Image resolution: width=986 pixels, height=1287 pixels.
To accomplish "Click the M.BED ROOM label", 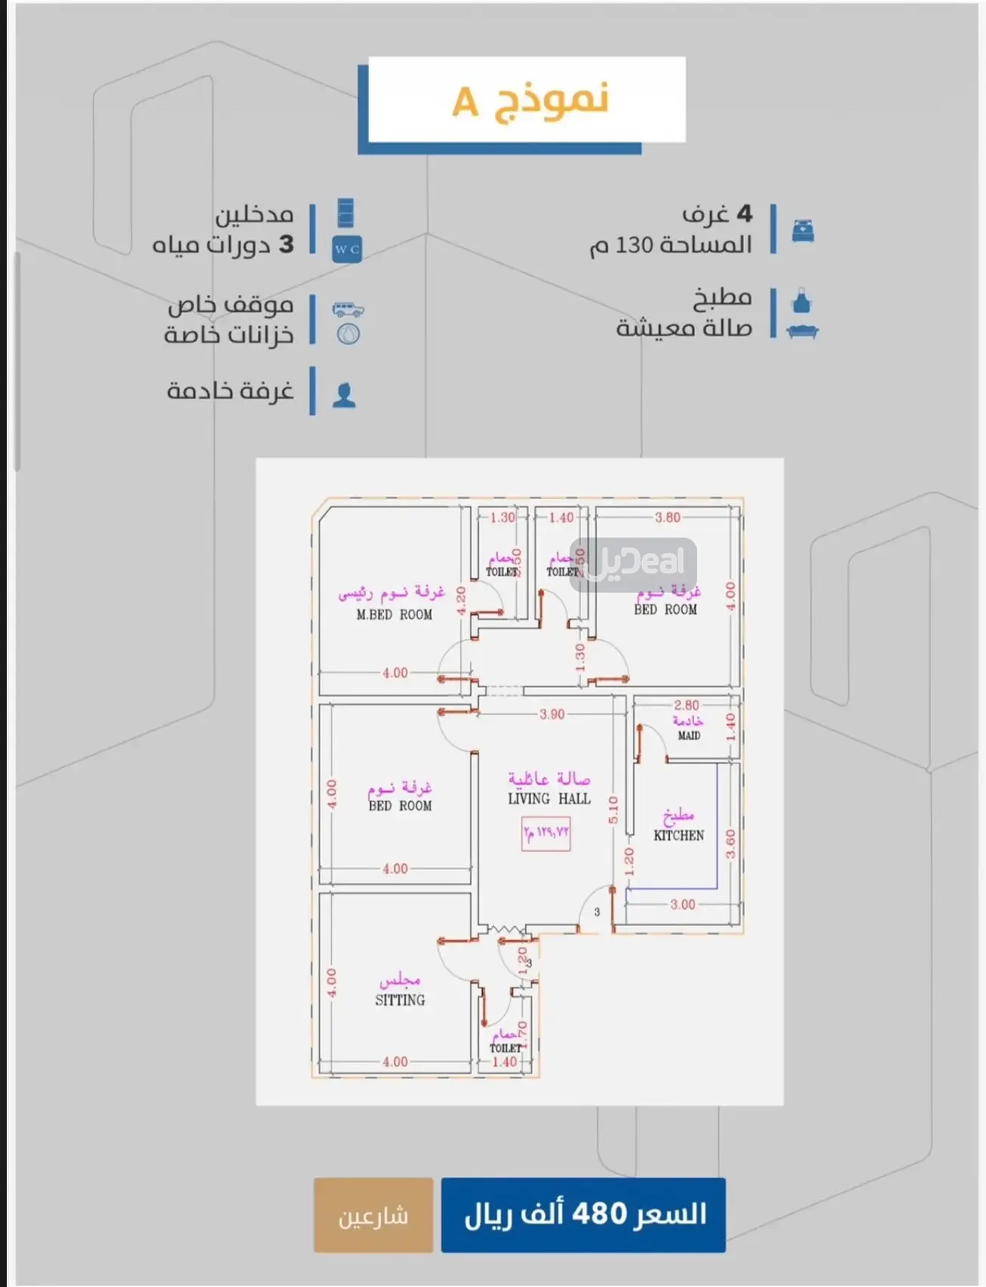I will [394, 614].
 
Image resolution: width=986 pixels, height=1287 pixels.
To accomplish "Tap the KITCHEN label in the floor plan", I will [678, 835].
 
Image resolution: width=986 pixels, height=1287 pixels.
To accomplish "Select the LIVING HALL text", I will [549, 798].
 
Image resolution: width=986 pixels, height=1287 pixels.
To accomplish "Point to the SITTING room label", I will [400, 1000].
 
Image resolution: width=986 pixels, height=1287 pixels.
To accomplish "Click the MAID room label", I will [689, 735].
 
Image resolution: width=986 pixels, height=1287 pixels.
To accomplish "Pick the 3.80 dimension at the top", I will [668, 517].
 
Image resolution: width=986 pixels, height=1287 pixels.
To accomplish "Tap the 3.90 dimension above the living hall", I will [552, 714].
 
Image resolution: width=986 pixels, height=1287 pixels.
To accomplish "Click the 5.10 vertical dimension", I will [613, 811].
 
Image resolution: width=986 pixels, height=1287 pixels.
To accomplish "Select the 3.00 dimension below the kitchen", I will [683, 904].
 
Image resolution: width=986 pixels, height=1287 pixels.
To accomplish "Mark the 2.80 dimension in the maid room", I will [687, 705].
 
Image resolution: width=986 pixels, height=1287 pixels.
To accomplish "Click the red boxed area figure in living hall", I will [545, 833].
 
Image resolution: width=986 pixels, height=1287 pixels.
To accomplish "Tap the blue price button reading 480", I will [583, 1215].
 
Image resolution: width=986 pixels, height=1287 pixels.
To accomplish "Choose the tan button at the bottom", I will [373, 1215].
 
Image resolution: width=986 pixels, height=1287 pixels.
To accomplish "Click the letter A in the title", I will [465, 102].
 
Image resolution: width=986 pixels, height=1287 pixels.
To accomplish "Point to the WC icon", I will [347, 249].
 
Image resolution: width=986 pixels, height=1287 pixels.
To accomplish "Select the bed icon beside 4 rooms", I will [803, 231].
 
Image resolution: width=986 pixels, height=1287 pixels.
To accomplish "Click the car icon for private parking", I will [349, 308].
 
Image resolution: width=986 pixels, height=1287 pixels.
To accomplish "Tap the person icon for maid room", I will [344, 394].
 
